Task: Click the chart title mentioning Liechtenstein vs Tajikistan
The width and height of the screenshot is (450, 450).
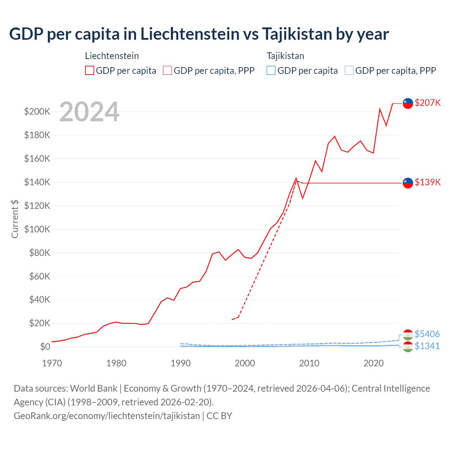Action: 199,34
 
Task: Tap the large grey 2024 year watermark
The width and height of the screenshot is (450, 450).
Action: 89,112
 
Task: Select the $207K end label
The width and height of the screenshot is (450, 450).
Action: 427,103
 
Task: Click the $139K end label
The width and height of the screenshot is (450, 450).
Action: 427,182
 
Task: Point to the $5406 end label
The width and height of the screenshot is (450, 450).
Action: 427,334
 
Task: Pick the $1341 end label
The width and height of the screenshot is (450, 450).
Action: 427,346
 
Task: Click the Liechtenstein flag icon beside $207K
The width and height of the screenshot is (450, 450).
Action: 408,103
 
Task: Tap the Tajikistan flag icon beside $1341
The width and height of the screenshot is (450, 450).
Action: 408,347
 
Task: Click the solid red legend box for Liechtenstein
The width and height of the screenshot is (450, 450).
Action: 90,71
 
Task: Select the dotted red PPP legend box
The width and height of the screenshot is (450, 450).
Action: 167,71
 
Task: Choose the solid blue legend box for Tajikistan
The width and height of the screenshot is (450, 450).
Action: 271,71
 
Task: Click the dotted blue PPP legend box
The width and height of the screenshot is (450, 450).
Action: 349,71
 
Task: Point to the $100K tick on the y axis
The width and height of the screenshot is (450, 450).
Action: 37,229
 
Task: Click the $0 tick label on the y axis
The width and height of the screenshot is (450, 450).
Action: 45,347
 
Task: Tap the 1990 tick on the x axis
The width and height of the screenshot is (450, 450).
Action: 180,363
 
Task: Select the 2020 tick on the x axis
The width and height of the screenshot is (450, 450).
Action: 373,363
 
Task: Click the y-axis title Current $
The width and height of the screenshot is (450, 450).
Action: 15,219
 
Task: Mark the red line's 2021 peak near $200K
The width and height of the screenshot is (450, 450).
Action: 380,109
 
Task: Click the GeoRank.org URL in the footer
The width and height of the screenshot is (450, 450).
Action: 107,416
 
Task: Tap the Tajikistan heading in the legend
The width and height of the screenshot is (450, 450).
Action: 285,56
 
